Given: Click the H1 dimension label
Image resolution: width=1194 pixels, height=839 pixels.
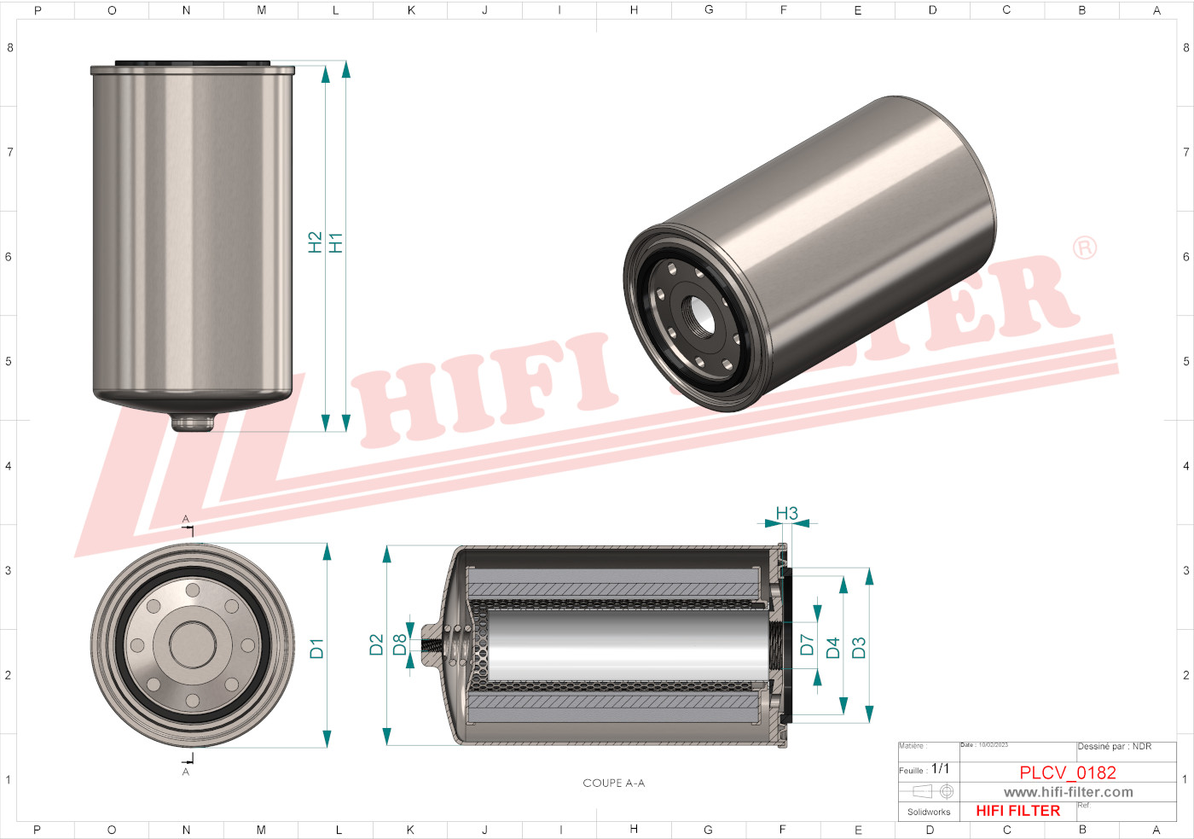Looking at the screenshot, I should (x=336, y=242).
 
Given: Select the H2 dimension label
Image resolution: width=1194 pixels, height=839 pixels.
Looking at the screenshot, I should (x=315, y=242).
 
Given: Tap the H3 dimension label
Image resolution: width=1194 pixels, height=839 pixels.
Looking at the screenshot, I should (x=786, y=513).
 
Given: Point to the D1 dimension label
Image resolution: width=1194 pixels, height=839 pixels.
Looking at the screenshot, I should (x=316, y=648).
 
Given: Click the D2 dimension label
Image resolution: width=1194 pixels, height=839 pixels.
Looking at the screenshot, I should (x=376, y=645).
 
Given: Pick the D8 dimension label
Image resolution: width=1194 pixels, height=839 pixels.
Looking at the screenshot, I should (x=399, y=645).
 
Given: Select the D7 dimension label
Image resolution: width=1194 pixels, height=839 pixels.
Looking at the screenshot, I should (x=807, y=645).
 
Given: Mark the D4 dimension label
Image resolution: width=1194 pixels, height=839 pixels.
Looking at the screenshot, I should (x=833, y=648).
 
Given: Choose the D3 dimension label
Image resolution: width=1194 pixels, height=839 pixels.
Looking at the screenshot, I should (x=859, y=648).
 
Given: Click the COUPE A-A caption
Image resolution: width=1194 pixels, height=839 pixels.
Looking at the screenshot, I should (x=613, y=783).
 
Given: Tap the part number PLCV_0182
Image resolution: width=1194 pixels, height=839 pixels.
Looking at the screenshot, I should (x=1068, y=772).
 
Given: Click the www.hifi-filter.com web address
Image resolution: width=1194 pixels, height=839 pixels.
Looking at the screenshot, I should (x=1068, y=792).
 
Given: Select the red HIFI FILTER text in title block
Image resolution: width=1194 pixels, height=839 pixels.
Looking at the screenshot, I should (x=1017, y=811).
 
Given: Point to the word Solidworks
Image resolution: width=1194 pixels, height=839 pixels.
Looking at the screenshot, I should (x=929, y=812).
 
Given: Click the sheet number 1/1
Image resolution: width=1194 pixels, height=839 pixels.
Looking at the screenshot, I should (x=940, y=769).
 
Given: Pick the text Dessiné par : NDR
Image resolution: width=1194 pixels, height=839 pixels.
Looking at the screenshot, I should (x=1114, y=747).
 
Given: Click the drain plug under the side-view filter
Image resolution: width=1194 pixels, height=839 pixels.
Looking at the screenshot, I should (x=192, y=422).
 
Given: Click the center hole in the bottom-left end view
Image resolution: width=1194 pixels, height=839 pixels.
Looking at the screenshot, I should (x=193, y=644).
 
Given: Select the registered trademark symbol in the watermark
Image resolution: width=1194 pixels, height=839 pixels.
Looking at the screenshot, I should (x=1084, y=248).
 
